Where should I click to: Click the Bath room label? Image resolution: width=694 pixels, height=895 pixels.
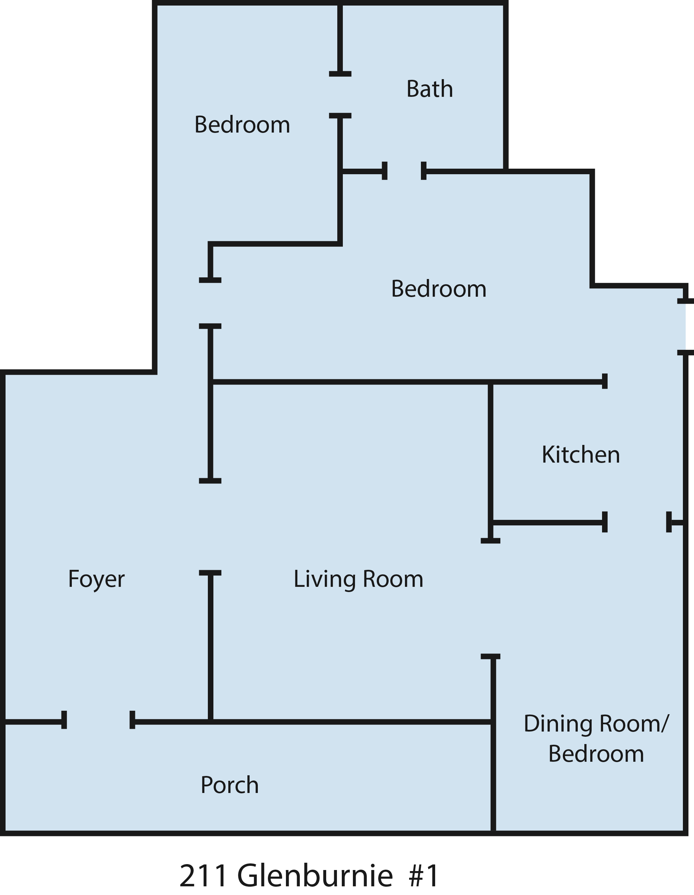[x=430, y=89]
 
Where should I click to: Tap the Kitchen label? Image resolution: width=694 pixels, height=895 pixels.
[x=581, y=455]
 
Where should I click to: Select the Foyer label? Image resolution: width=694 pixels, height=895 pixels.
[x=96, y=580]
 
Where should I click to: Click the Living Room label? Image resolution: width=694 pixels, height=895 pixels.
[x=358, y=580]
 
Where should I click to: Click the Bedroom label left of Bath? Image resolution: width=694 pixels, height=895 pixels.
[x=242, y=125]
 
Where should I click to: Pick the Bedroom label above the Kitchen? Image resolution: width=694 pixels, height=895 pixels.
[x=439, y=289]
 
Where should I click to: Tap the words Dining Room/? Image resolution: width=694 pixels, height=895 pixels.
[x=596, y=724]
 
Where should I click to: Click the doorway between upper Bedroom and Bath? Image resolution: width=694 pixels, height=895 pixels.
[x=340, y=95]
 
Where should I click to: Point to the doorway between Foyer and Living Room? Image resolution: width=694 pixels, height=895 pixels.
[x=210, y=526]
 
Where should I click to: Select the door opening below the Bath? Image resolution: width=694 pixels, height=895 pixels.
[x=404, y=171]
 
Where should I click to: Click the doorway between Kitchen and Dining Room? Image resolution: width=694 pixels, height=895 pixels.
[x=637, y=522]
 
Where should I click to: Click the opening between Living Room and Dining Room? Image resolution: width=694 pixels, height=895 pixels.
[x=490, y=599]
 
